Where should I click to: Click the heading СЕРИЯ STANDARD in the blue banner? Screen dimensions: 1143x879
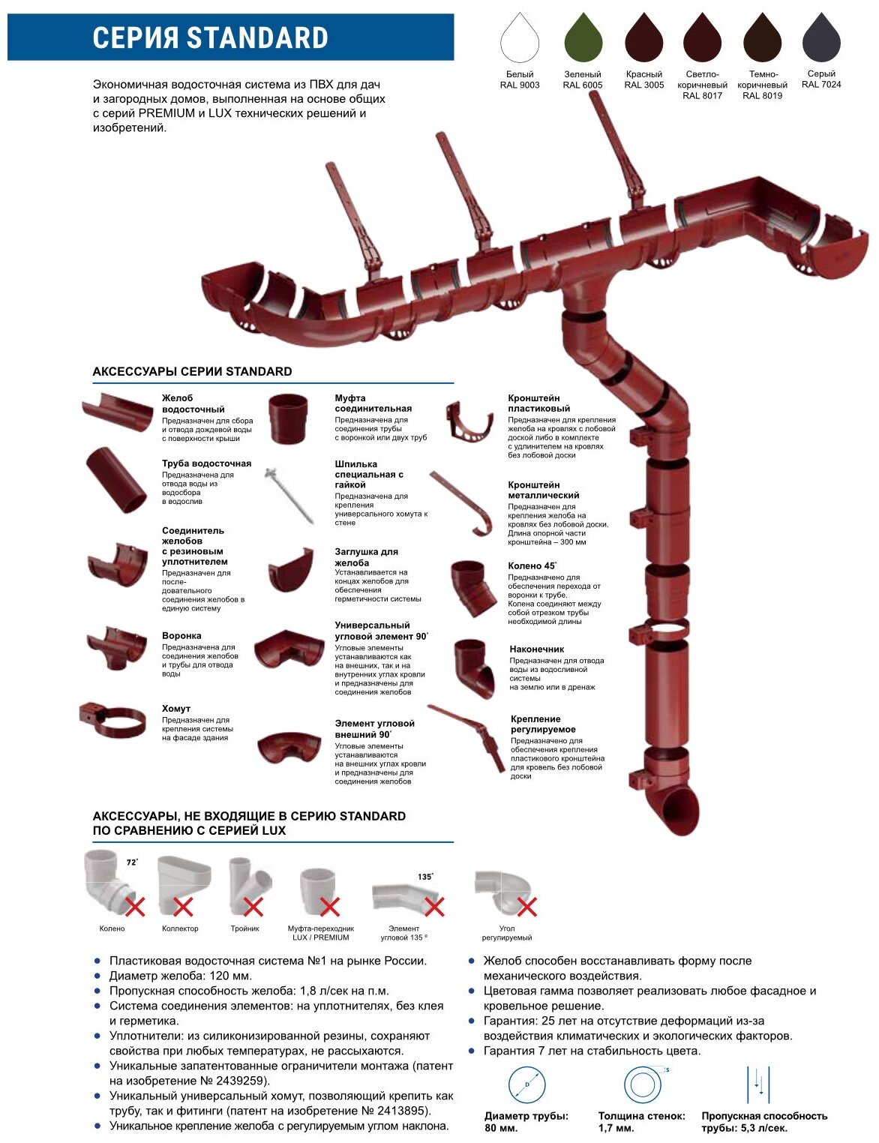click(211, 37)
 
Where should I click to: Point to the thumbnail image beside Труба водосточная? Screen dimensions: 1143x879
click(116, 480)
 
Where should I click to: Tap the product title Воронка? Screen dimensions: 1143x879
click(181, 635)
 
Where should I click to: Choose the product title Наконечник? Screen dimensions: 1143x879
click(536, 649)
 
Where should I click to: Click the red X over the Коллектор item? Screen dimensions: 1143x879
click(183, 907)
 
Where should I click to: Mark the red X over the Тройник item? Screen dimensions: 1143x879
click(253, 907)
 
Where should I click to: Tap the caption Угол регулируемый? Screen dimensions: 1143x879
click(507, 933)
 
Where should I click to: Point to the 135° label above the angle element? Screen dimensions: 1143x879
click(425, 876)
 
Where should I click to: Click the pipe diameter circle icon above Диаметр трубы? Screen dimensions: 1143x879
click(526, 1084)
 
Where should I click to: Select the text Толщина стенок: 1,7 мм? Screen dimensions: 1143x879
click(641, 1121)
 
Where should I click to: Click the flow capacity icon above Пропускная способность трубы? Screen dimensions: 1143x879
click(758, 1084)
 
